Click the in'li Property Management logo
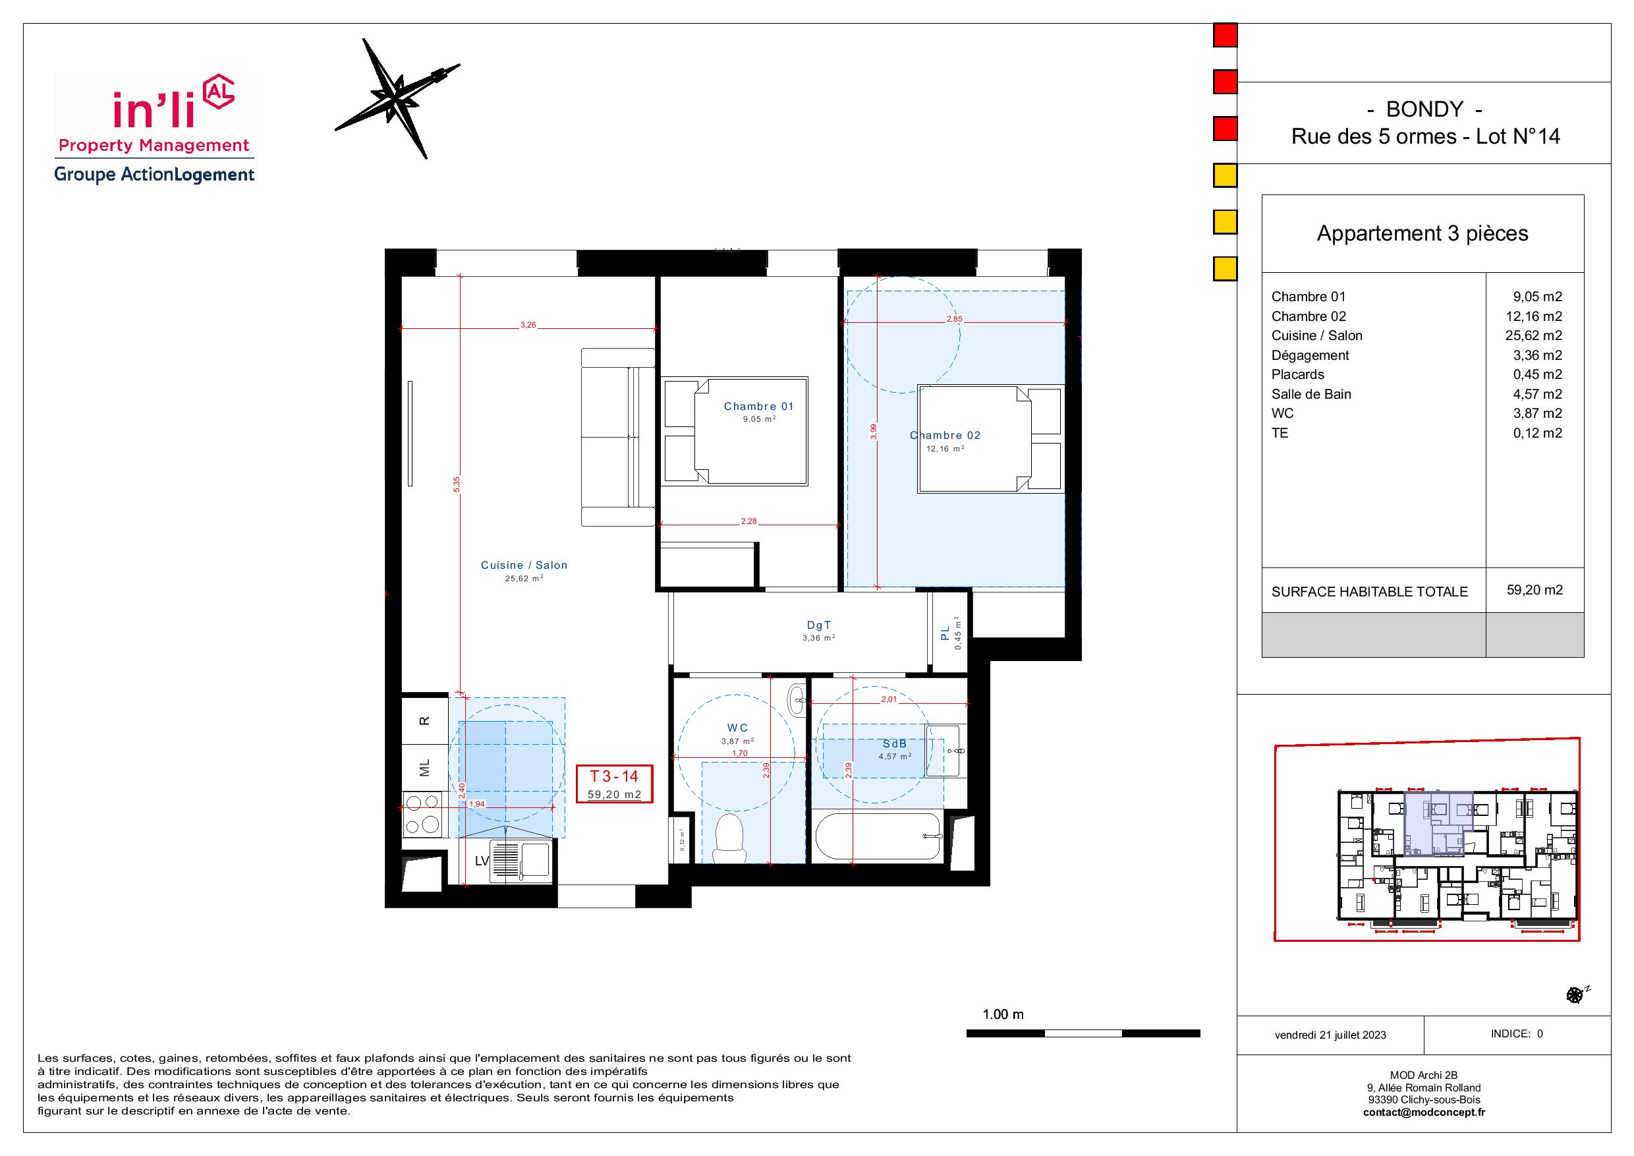154,128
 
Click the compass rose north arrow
398,98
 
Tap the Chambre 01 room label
758,407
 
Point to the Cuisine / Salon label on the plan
524,565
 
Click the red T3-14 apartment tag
614,784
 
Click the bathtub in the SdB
879,838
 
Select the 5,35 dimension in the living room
457,484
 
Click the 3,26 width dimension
528,326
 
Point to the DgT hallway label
819,625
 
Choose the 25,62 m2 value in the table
1534,336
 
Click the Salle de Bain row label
1311,394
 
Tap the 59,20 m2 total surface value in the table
1535,590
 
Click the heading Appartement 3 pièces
1422,233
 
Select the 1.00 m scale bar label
1003,1014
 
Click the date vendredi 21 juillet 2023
1330,1035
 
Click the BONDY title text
1424,109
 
